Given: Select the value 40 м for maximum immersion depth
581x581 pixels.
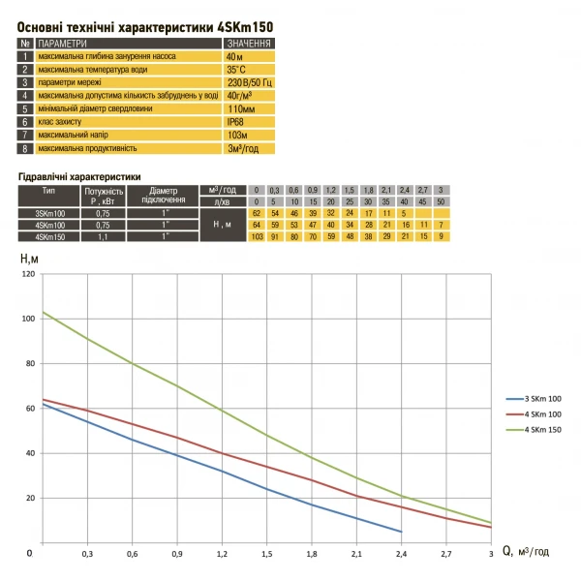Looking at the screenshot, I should (236, 57).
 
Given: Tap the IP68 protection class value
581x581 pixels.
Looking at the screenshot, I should (236, 123).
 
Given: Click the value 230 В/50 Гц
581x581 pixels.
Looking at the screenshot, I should (248, 83).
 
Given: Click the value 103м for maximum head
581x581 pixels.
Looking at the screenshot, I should (238, 136).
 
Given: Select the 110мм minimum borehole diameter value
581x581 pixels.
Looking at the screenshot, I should (241, 109).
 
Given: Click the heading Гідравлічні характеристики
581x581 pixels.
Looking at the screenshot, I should (79, 176).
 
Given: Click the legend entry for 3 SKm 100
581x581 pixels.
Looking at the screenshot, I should (543, 398).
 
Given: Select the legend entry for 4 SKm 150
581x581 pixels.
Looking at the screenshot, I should (543, 429).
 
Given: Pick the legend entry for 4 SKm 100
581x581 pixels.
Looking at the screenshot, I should (543, 413).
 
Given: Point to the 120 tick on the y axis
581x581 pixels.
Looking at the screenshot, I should (27, 274).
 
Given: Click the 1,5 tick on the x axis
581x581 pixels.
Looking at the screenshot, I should (267, 554).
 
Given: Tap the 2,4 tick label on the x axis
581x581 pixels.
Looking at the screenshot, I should (401, 554).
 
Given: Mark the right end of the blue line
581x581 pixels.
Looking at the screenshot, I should (401, 532).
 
